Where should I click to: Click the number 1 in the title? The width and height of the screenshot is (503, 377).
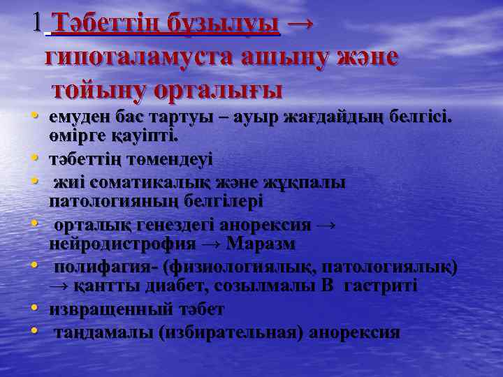click(37, 24)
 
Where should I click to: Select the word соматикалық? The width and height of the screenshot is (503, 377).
click(157, 182)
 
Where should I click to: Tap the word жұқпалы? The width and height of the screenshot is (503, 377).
click(302, 182)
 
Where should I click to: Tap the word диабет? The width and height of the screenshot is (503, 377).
click(156, 286)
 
